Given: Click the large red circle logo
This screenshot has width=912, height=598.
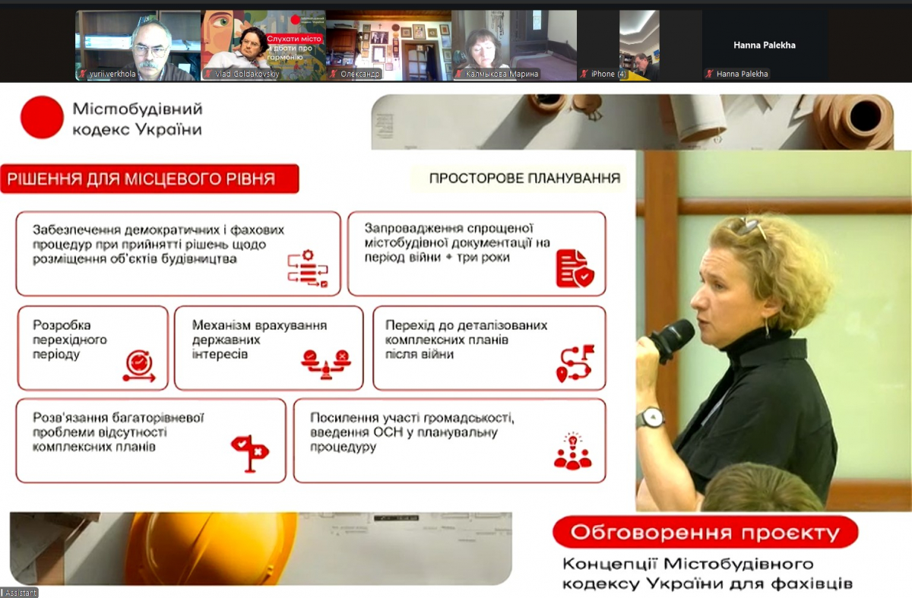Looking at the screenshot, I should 42,117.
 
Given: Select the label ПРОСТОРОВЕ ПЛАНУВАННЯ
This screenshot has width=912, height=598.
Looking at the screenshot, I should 524,179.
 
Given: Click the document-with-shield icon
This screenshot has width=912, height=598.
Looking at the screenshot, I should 575,267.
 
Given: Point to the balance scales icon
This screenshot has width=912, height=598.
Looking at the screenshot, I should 326,361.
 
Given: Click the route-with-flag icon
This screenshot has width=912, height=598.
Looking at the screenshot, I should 575,363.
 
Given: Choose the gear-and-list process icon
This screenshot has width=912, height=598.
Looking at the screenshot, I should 307,268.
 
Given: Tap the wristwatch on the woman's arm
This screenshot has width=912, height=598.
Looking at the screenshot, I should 651,417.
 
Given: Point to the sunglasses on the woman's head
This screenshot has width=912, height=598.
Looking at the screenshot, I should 749,226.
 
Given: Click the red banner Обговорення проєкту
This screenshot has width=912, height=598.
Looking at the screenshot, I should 705,532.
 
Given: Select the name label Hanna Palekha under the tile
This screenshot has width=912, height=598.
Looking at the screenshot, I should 743,74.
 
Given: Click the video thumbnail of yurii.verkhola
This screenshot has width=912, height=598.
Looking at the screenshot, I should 137,45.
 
